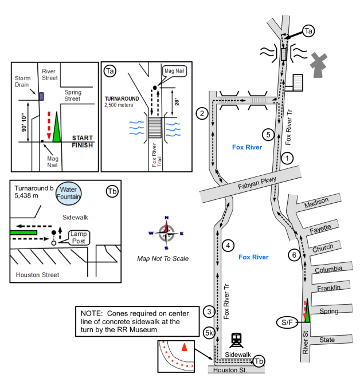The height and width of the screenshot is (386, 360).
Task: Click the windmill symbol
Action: (318, 65)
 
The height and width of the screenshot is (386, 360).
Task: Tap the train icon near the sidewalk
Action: (236, 340)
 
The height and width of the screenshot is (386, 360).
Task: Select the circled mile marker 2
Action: (202, 113)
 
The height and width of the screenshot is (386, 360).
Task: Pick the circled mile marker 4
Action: (228, 246)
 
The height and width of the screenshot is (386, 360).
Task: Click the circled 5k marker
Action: (209, 333)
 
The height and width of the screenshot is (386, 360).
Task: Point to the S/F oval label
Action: (287, 322)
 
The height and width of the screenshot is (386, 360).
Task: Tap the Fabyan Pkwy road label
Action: (257, 183)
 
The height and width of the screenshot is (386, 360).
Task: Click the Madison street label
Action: (316, 203)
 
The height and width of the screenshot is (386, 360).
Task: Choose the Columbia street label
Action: (328, 269)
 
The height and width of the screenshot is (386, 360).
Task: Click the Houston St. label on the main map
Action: (230, 370)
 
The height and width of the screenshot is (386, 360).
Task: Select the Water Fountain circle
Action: (68, 194)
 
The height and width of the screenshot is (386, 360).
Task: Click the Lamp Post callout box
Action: (79, 238)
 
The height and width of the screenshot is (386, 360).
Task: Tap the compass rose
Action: (166, 233)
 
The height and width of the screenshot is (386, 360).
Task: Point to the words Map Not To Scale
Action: (163, 258)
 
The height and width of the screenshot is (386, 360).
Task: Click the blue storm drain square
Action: (41, 96)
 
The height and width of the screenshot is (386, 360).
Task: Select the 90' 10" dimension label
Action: (24, 123)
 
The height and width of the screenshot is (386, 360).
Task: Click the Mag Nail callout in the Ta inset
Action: (174, 71)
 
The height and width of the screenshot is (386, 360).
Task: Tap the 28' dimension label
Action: (177, 102)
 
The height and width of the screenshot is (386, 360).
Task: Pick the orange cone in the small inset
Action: (185, 347)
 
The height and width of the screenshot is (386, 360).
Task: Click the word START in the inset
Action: (83, 138)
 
